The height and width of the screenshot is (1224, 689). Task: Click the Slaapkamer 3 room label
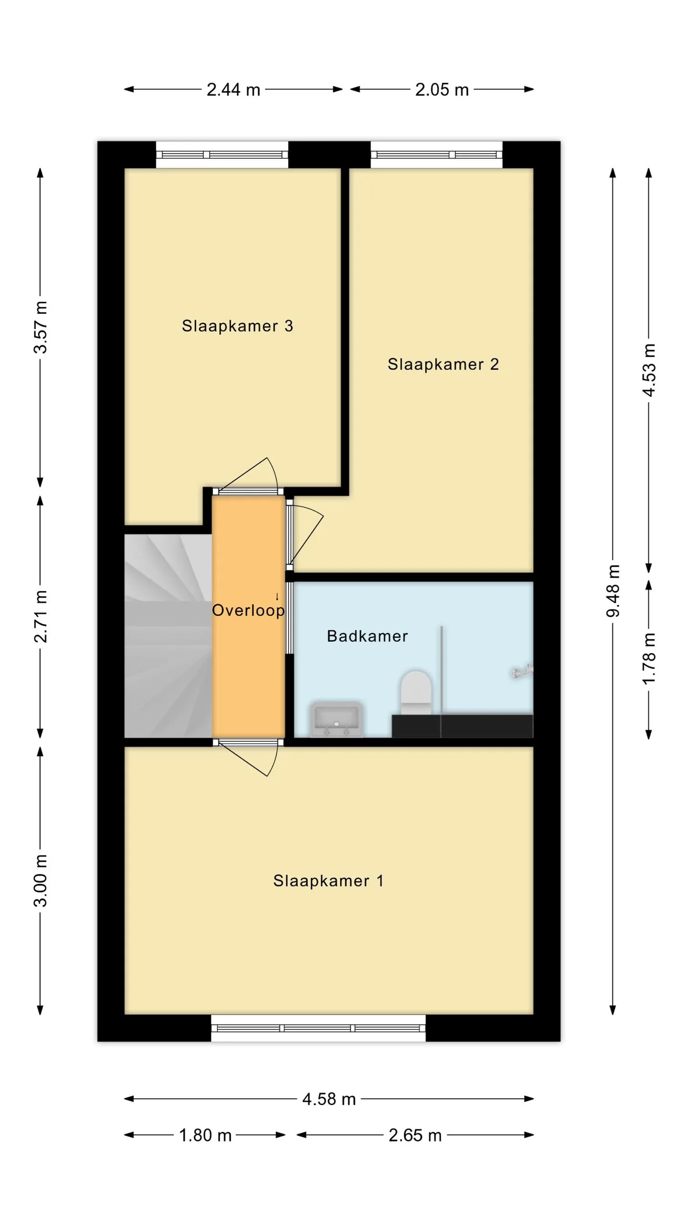click(237, 326)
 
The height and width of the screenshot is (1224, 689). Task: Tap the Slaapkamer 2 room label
click(443, 364)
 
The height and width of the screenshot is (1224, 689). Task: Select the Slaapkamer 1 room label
click(328, 881)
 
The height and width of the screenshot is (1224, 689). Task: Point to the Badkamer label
click(367, 636)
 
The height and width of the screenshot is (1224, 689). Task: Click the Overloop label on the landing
click(248, 610)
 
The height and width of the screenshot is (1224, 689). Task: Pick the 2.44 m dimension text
click(233, 89)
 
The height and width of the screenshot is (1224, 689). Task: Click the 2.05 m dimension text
click(442, 89)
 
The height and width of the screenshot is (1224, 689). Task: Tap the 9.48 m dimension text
click(613, 591)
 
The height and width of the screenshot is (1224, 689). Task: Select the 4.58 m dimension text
click(329, 1099)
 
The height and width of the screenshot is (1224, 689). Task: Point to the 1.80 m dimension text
click(205, 1135)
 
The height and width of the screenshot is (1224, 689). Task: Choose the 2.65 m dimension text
click(415, 1135)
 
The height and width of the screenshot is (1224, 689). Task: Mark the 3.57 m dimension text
click(41, 328)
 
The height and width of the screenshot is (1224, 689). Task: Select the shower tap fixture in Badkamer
click(522, 671)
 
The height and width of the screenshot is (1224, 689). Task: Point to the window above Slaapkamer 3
click(222, 155)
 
